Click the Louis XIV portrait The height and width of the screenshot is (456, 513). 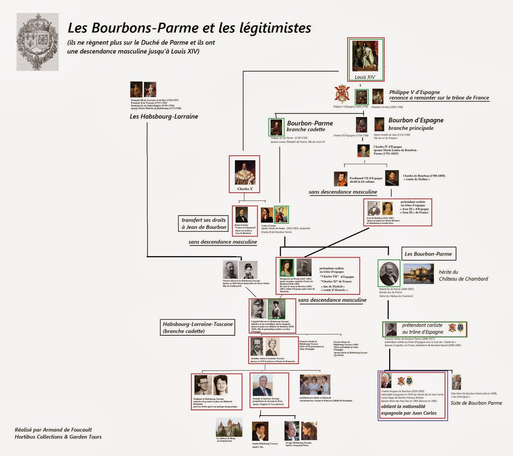pos(365,56)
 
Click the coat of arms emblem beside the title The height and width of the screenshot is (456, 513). pos(38,42)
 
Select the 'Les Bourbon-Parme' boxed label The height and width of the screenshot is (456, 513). pos(428,254)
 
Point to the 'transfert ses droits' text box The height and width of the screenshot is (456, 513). pos(204,224)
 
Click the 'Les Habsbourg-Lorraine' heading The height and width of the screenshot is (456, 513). pos(164,117)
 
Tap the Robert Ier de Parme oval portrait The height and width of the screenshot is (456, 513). pos(389,273)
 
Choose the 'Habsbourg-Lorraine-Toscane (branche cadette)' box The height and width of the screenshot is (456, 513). pos(198,327)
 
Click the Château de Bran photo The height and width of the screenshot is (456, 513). pos(229,427)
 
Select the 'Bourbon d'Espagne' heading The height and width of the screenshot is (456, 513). pos(416,120)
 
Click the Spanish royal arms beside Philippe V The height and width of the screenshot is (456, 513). pos(342,94)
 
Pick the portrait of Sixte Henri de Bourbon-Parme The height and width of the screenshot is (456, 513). pos(456,382)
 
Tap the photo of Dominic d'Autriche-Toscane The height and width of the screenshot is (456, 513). pos(263,385)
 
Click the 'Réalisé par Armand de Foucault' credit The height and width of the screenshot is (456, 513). pos(53,430)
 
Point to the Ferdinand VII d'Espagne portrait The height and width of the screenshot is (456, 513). pos(341,179)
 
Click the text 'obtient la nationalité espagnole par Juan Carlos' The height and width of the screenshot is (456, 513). pos(408,410)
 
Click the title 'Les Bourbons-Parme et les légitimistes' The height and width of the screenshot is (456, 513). pos(189,28)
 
